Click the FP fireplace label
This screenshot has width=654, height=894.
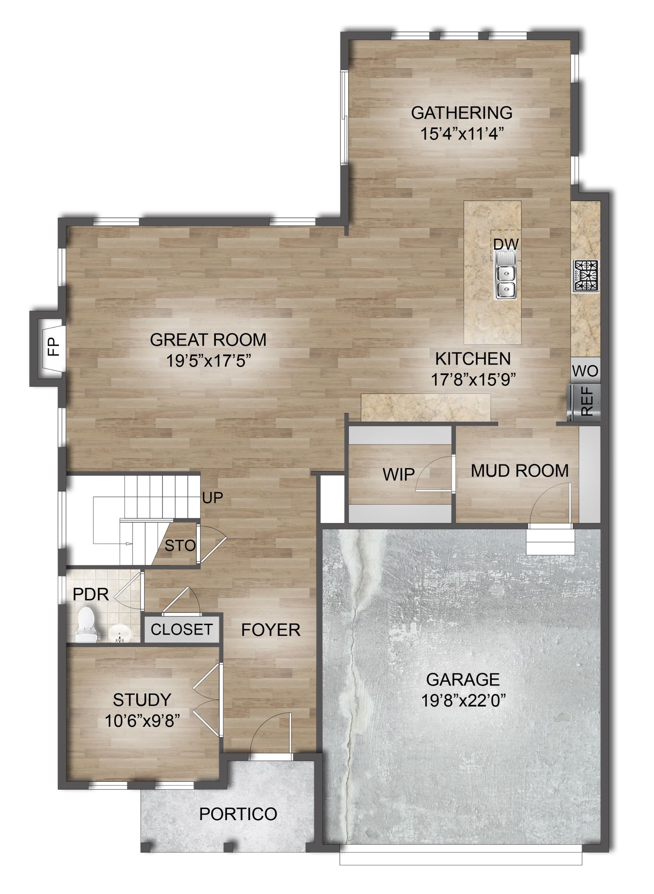point(53,348)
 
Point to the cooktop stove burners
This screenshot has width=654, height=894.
point(586,276)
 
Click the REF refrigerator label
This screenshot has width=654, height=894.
point(587,402)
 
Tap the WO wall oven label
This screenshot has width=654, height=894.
point(585,371)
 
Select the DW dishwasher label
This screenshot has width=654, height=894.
point(506,244)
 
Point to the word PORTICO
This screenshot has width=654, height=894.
point(238,814)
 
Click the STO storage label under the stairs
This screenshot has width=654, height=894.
point(180,545)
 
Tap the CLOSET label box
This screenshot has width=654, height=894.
point(182,629)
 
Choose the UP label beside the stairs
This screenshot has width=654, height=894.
point(213,498)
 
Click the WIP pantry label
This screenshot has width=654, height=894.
point(398,475)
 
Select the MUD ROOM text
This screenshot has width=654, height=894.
point(520,471)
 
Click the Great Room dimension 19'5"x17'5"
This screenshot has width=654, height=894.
point(208,361)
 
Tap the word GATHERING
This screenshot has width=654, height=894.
point(462,113)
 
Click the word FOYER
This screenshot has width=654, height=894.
point(271,630)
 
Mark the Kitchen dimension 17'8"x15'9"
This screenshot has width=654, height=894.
point(474,380)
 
